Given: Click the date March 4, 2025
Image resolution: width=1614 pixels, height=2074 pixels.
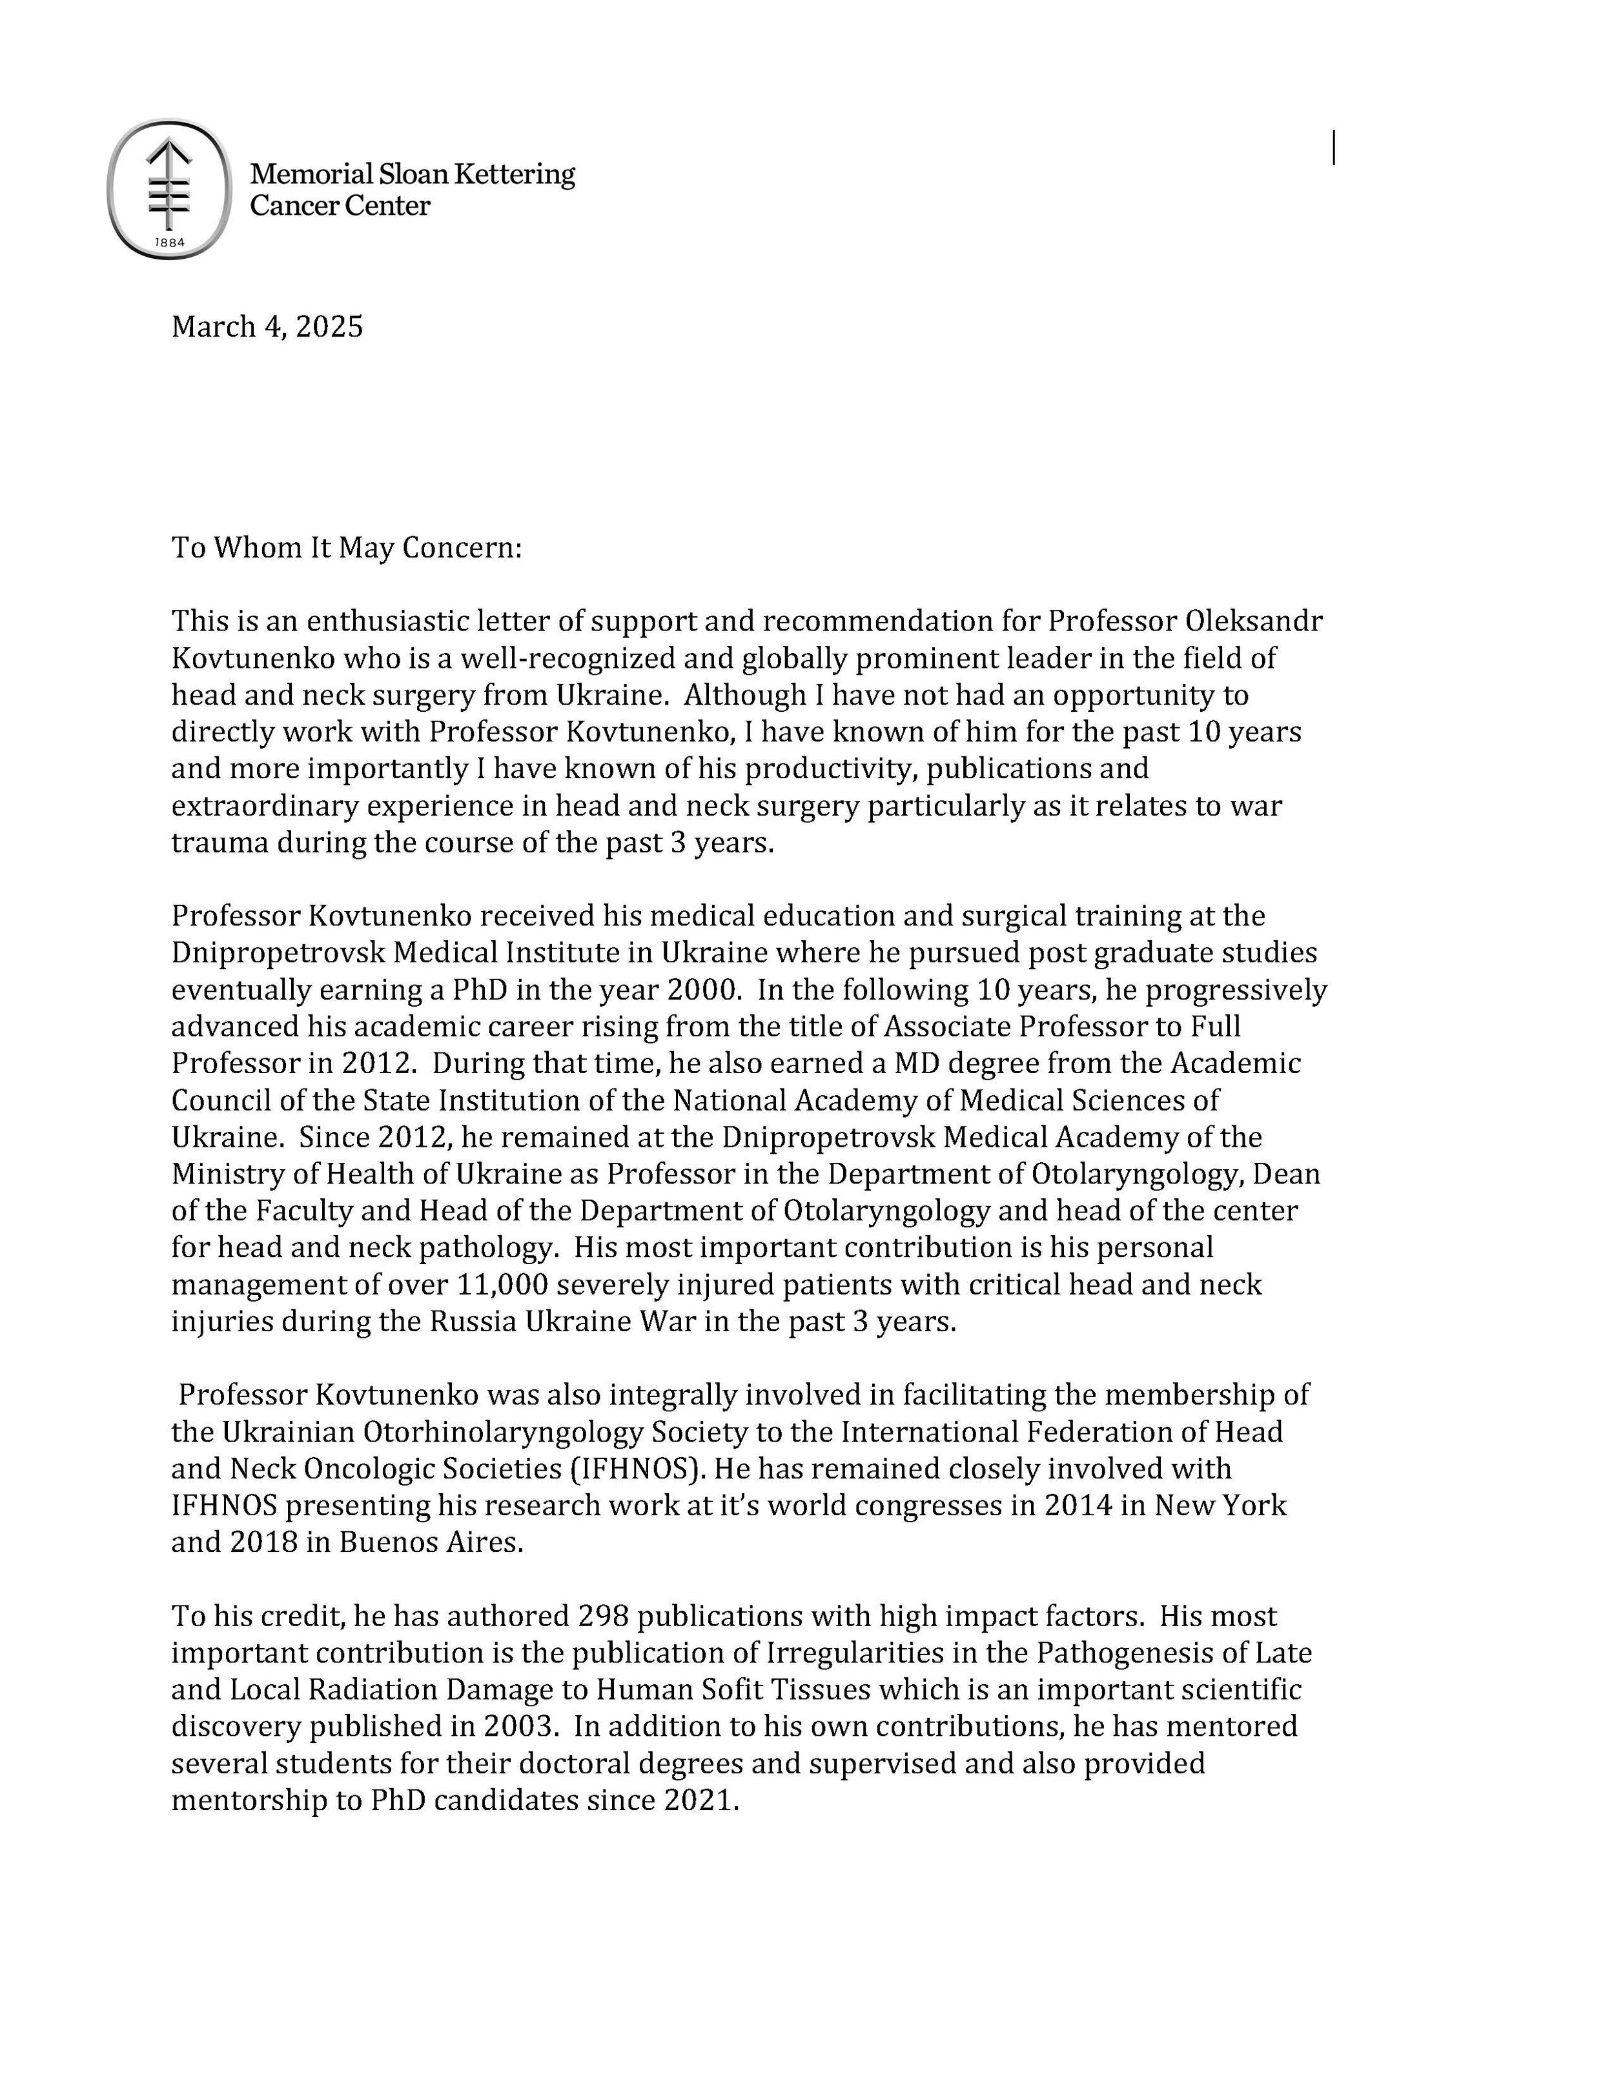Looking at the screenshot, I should [x=267, y=327].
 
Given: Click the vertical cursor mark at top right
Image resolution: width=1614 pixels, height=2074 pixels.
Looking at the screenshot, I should [x=1334, y=148].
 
